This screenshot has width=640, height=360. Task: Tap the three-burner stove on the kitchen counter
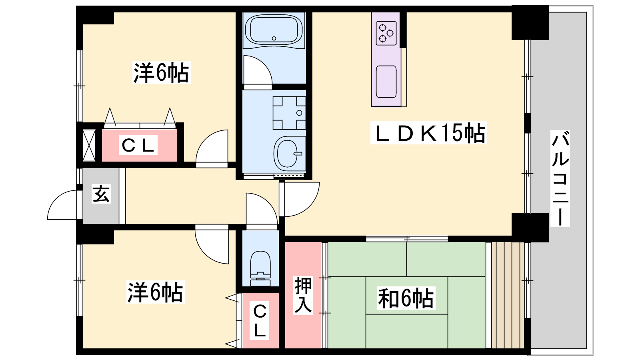(386, 33)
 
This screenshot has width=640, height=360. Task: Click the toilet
(260, 268)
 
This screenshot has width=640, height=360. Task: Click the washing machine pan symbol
(289, 113)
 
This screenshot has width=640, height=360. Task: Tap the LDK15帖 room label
(428, 133)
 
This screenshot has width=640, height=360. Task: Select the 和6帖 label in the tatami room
(406, 298)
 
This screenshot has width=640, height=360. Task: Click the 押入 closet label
(303, 295)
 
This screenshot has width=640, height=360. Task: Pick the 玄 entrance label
(101, 194)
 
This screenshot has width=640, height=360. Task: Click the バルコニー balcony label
(560, 178)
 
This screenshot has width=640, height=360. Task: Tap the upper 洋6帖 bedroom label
(162, 72)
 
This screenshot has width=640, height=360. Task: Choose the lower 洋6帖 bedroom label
(156, 292)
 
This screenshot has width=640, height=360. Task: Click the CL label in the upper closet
(138, 145)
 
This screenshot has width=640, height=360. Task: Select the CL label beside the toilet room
(260, 320)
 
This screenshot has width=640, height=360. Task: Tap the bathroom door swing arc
(264, 64)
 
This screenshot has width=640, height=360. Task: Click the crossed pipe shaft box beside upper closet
(89, 145)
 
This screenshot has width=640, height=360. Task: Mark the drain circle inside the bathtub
(274, 38)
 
